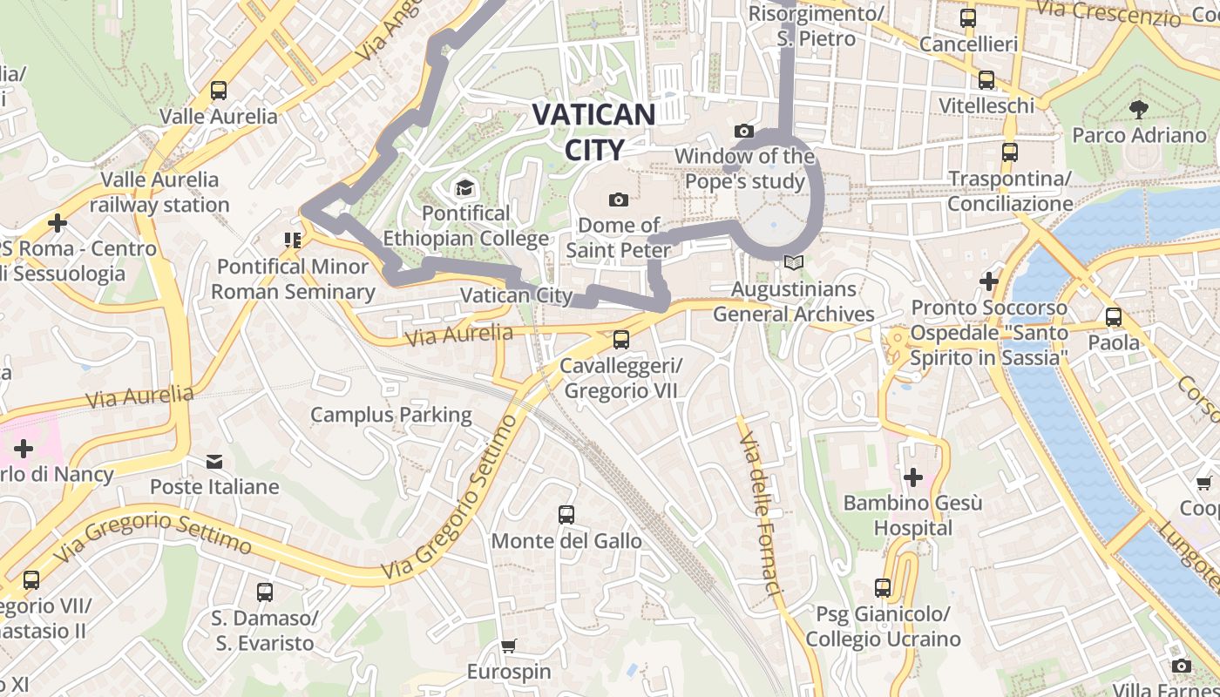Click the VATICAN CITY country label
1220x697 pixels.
[593, 132]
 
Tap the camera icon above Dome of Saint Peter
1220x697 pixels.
[619, 200]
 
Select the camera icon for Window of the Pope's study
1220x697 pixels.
[743, 132]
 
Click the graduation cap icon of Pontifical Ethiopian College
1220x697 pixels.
[464, 188]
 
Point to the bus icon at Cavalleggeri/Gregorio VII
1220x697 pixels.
[620, 340]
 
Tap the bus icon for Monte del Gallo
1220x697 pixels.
[566, 515]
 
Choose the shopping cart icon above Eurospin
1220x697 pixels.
[509, 646]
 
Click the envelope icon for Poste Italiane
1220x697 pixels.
[214, 461]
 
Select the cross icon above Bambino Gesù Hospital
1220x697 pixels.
[912, 477]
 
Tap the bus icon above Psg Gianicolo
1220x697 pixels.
[883, 588]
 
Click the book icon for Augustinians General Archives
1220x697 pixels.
[792, 262]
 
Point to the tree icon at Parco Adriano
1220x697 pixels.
[1138, 109]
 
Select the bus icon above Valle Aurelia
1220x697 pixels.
[219, 90]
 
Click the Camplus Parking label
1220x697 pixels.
[391, 415]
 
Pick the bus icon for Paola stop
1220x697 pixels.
[1114, 317]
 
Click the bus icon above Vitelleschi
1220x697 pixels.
[986, 80]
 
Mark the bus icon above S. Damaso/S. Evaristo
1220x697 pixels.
[265, 592]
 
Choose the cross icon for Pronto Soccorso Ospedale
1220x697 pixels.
[988, 281]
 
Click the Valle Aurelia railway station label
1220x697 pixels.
[159, 193]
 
